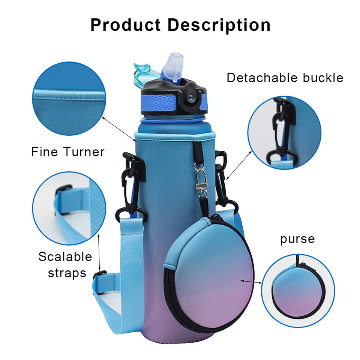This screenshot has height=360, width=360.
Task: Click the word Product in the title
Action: pos(126,25)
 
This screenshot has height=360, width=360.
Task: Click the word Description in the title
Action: pos(219,25)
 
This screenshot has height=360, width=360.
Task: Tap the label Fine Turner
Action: pos(68,152)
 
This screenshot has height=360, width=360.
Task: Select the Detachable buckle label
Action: pos(285,78)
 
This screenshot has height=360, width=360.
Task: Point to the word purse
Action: pos(297,239)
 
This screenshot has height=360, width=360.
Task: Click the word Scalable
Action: pos(65,257)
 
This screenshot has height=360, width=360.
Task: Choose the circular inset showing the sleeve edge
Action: pos(69,98)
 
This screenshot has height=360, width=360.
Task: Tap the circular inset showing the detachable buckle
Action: pos(284,133)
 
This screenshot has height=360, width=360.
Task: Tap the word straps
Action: pos(67,273)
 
